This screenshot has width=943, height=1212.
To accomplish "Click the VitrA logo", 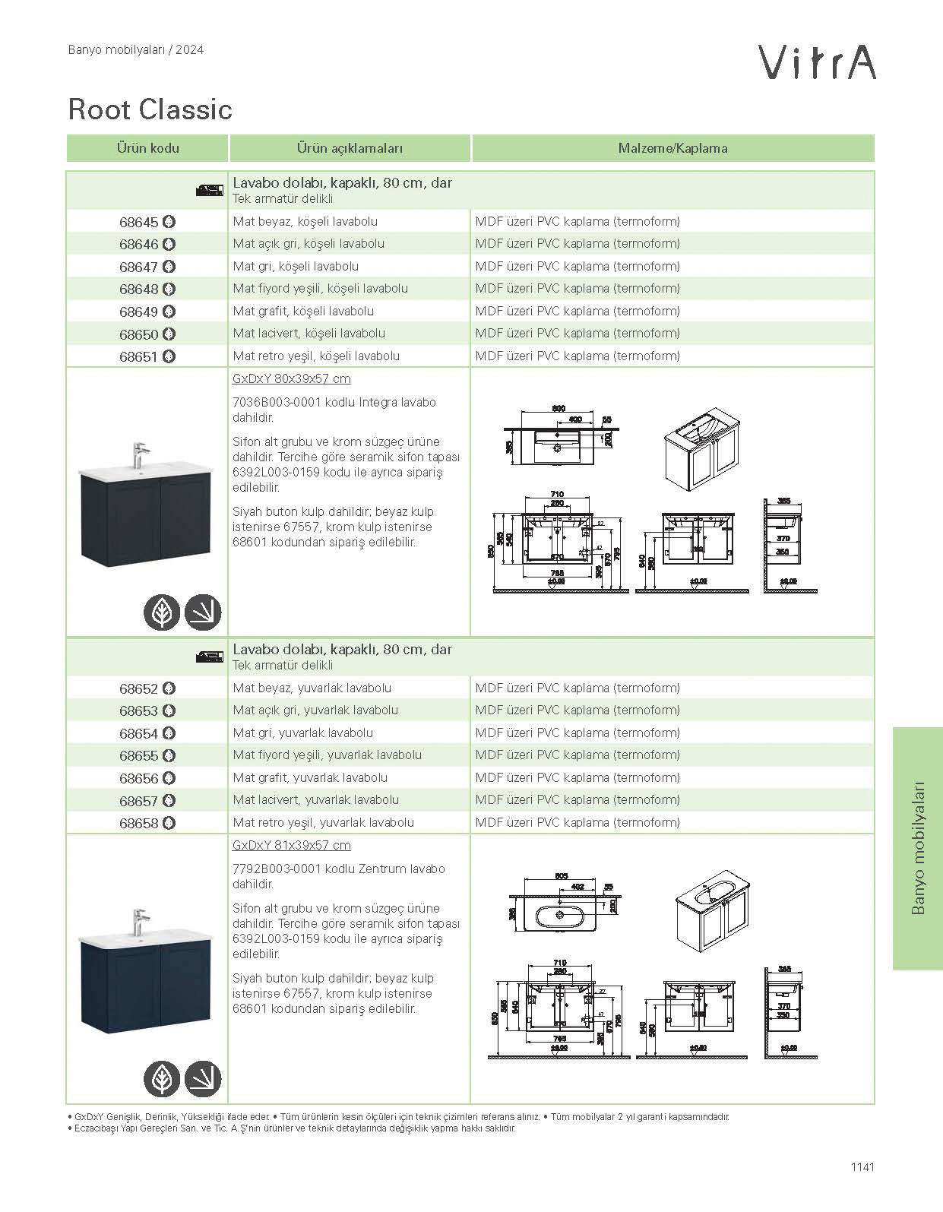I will tap(818, 62).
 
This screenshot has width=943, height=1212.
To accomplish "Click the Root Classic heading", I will tap(150, 109).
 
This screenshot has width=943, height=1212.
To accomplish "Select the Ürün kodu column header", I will tap(147, 148).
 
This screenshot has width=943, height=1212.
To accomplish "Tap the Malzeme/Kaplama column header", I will tap(672, 148).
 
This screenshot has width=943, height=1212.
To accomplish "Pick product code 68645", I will tap(139, 223).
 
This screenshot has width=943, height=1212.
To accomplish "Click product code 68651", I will tap(139, 356).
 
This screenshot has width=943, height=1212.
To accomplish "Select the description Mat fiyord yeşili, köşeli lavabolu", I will tap(320, 289).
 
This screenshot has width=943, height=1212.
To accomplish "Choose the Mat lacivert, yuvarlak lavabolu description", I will tap(315, 800).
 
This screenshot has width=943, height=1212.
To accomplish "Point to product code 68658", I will tap(139, 823).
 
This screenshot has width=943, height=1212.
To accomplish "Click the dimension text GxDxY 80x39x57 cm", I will tap(291, 379).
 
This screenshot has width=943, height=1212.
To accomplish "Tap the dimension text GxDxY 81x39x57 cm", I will tap(291, 846).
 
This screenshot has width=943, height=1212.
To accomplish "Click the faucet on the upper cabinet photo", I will tap(140, 456).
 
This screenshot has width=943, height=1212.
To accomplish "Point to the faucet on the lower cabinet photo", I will tap(141, 922).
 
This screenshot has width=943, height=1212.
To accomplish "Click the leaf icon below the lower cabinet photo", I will tap(162, 1079).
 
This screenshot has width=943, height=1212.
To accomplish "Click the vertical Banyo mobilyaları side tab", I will tap(917, 848).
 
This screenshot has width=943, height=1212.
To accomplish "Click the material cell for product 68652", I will tap(578, 688).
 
